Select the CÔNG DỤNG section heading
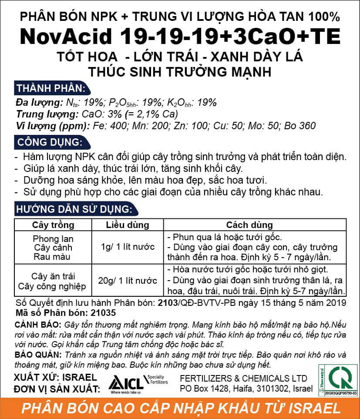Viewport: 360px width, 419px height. [48, 143]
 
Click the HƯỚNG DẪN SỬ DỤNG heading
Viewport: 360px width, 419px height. [74, 209]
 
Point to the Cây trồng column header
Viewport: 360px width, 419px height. [54, 225]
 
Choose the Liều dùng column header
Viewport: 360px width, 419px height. [128, 225]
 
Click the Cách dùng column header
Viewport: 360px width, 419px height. [249, 225]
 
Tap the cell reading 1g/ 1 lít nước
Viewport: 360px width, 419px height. [128, 247]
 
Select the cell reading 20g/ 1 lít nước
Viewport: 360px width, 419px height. [128, 281]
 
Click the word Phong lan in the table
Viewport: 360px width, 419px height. [54, 239]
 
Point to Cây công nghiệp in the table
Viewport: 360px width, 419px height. [54, 286]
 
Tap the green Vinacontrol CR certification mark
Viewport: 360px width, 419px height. [342, 378]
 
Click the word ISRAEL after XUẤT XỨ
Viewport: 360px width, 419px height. [80, 377]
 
